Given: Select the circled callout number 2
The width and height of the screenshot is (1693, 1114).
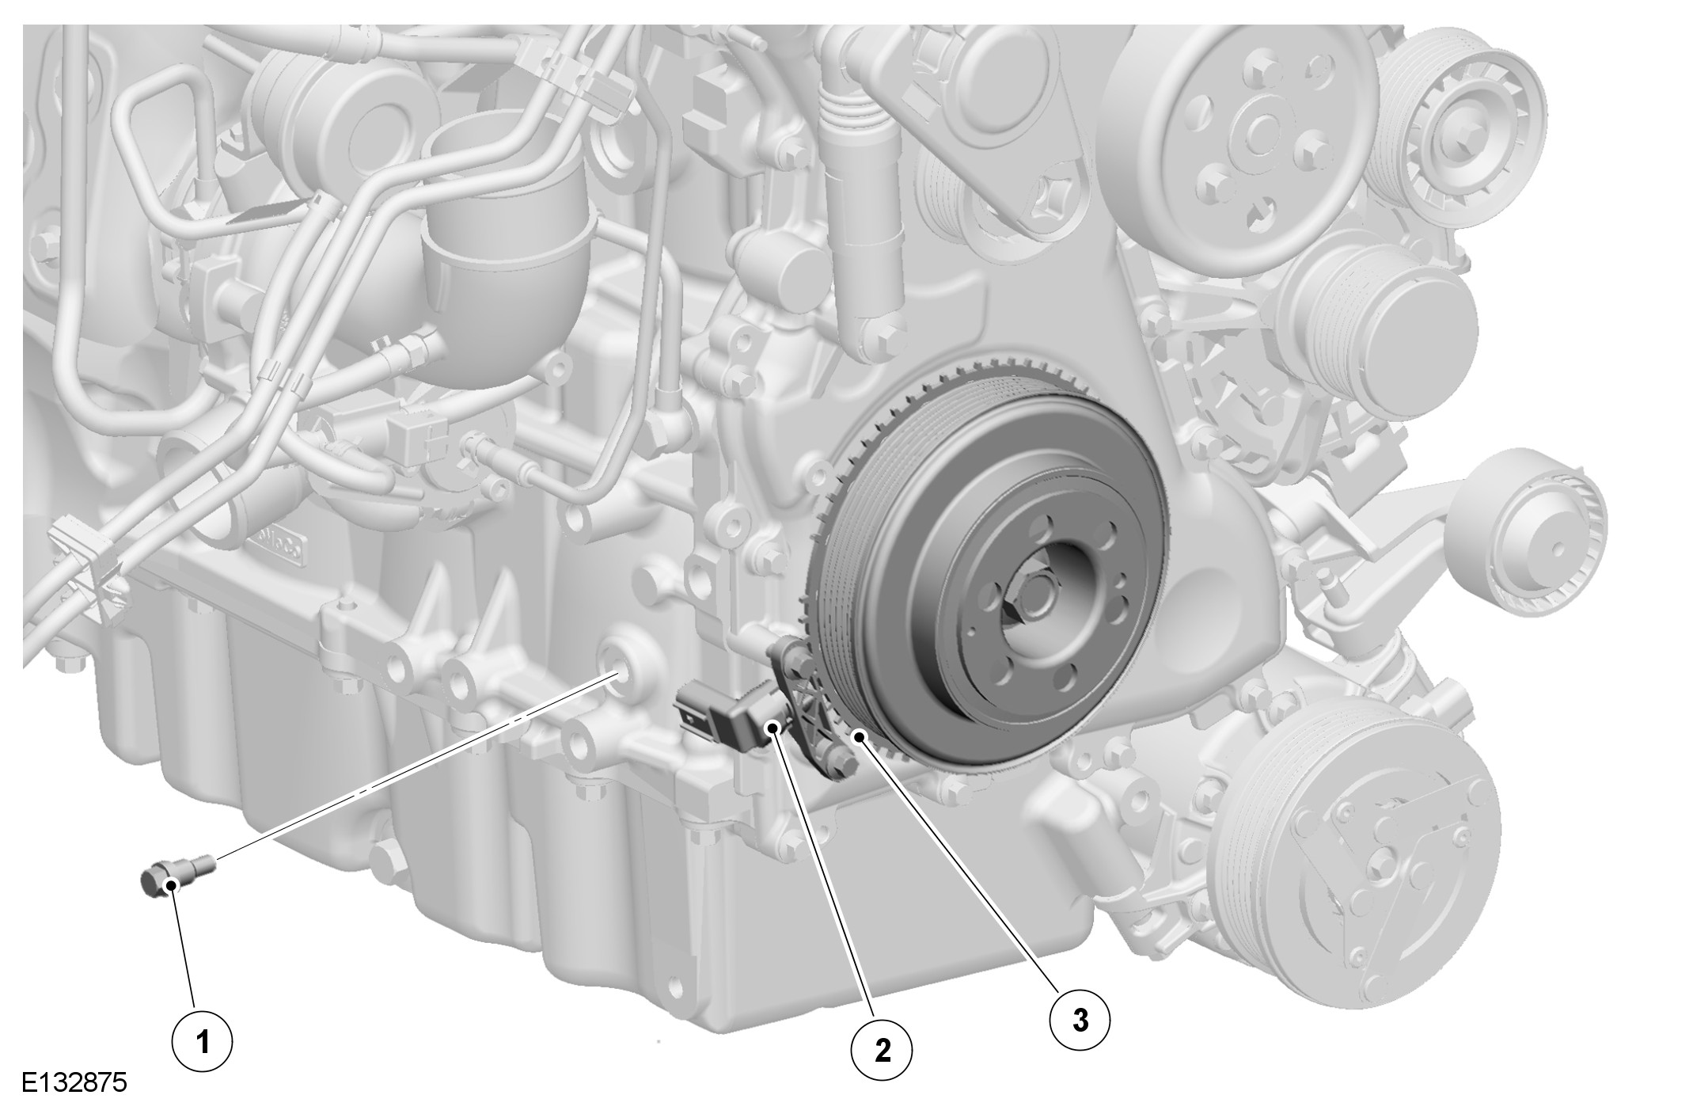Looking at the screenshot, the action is point(882,1050).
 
